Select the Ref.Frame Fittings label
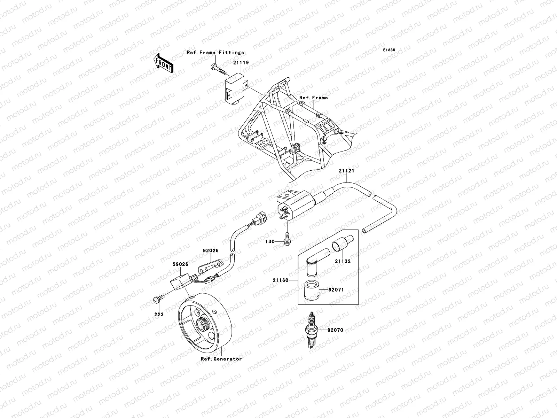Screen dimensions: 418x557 215,53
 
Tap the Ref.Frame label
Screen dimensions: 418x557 313,98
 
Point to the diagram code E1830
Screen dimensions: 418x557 389,50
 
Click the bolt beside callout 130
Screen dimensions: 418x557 287,240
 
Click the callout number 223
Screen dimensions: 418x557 159,314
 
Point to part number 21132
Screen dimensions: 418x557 343,261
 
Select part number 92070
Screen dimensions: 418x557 335,330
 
